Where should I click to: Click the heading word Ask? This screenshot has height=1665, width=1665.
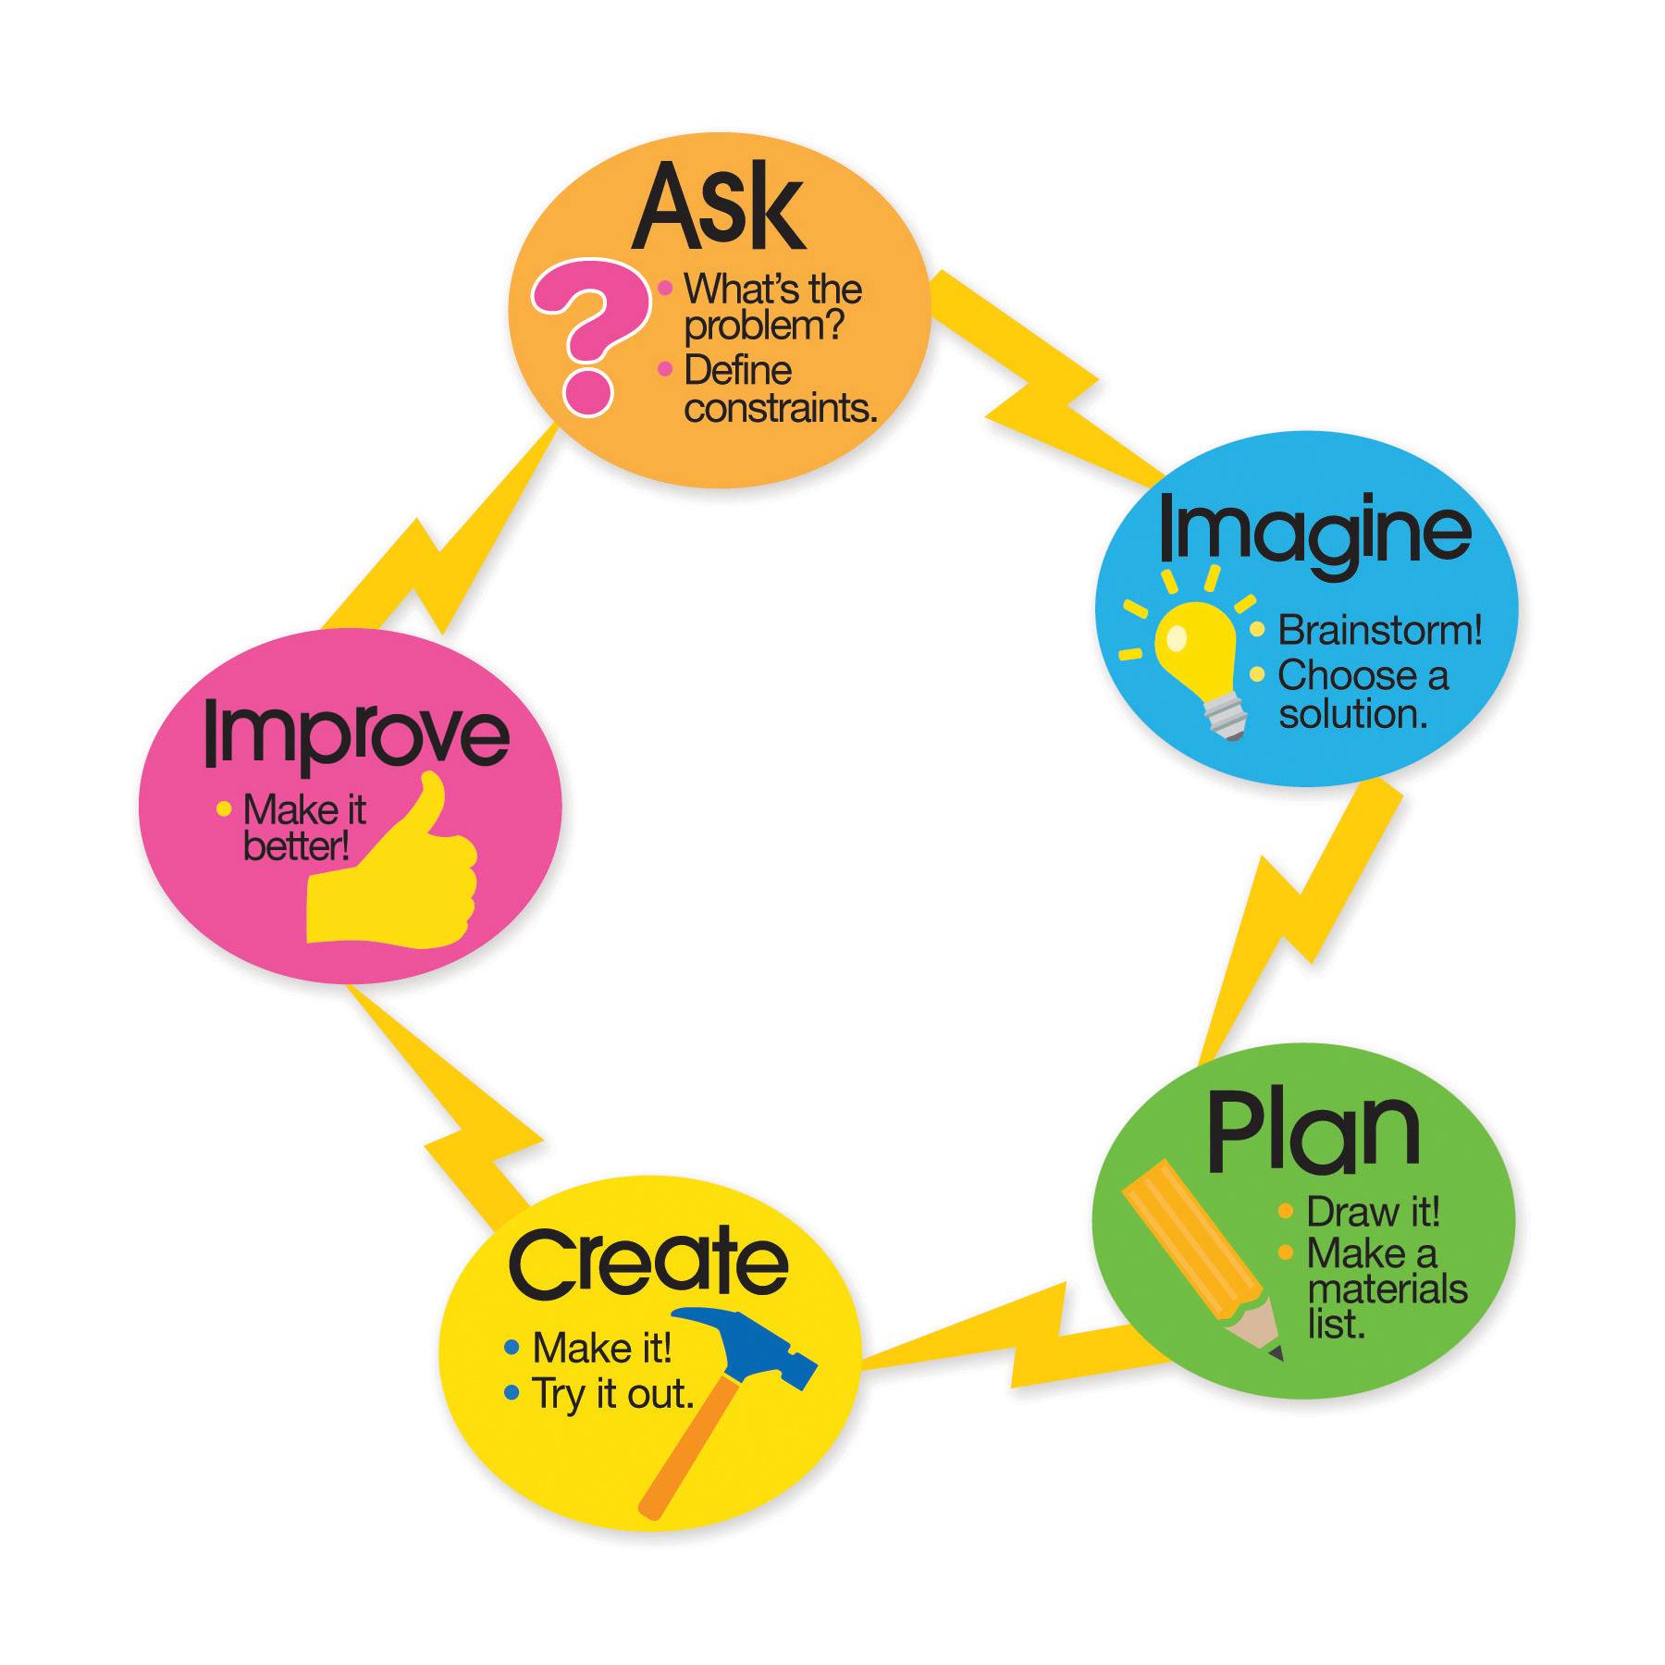[718, 208]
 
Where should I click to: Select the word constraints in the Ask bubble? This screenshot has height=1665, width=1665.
[780, 409]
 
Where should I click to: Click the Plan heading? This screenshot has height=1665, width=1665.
[1313, 1130]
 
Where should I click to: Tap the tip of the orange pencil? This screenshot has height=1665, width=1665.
[1276, 1353]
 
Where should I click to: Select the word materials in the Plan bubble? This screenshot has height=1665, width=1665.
[1387, 1289]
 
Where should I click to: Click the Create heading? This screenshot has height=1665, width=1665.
[647, 1263]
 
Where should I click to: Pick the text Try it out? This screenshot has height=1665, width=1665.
[612, 1394]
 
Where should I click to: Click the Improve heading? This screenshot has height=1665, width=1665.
[356, 735]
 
